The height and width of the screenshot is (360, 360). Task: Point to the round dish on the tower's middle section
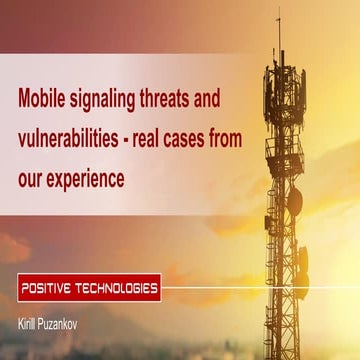point(295,200)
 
